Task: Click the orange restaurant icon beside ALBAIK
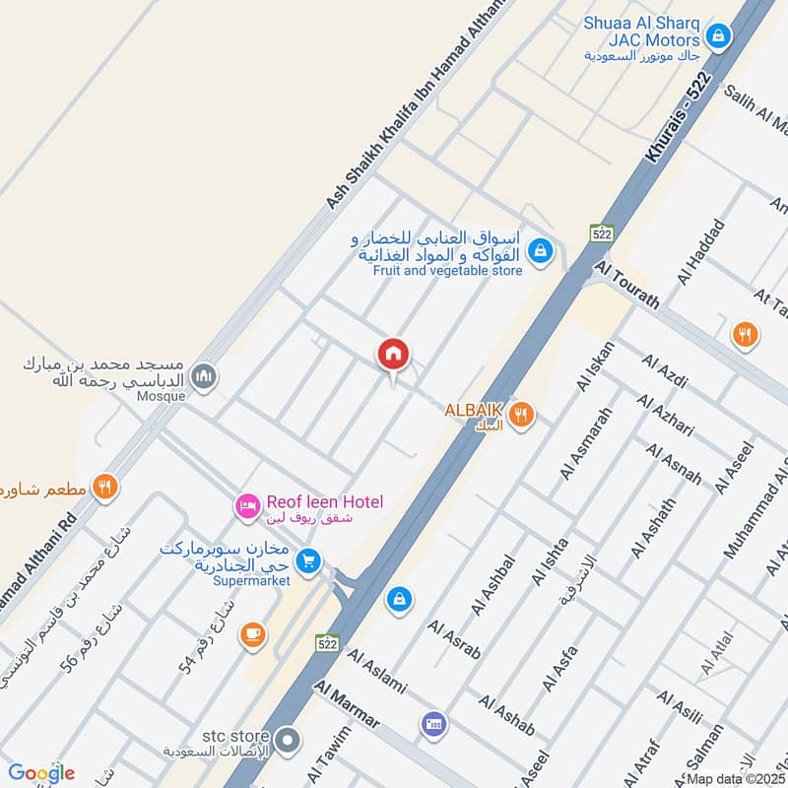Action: pos(523,416)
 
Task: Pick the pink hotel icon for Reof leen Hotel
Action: pos(246,506)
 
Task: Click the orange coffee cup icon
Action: pos(253,635)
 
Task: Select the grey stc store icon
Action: pos(288,739)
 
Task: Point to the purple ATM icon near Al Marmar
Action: pos(431,727)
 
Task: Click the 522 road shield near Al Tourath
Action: pos(602,233)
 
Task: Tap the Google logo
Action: pos(41,773)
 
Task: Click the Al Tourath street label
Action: pos(627,285)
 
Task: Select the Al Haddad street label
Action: pos(700,252)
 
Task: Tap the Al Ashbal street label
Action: pos(493,586)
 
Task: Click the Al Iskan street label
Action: pos(597,367)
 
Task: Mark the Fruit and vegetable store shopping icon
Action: pos(540,251)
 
